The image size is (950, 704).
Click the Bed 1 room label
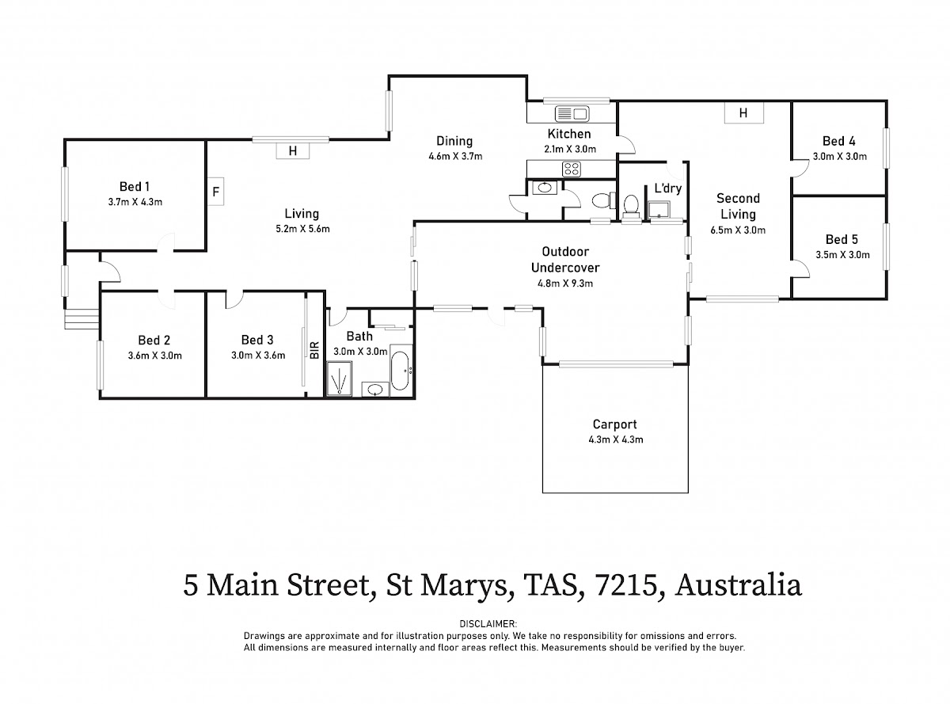(x=135, y=187)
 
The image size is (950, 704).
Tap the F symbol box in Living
(x=215, y=191)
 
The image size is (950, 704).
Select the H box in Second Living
(x=743, y=113)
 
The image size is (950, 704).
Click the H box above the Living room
(x=292, y=150)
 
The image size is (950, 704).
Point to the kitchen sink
(x=569, y=112)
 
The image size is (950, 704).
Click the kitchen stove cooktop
(x=571, y=168)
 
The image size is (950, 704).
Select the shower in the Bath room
(x=340, y=378)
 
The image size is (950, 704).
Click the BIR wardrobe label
(x=314, y=349)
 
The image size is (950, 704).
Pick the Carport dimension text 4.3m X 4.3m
(x=614, y=440)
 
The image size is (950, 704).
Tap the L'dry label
(x=668, y=189)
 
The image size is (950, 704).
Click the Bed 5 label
(x=842, y=239)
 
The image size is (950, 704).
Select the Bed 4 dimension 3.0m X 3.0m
(x=840, y=156)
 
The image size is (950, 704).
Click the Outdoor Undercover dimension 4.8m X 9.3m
(x=565, y=283)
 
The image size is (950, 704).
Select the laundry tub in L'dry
(x=659, y=210)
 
